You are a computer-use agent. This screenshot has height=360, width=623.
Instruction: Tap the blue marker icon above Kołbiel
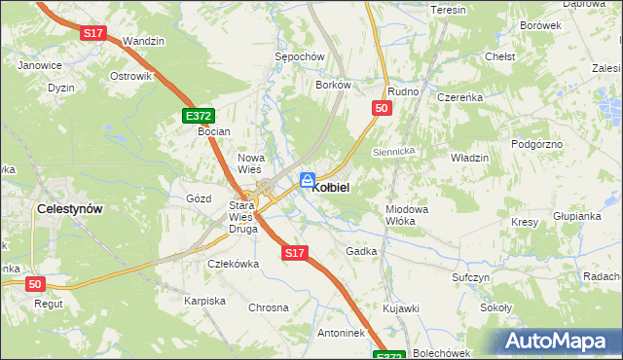click(x=307, y=179)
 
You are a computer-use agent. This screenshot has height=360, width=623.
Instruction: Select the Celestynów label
click(x=69, y=208)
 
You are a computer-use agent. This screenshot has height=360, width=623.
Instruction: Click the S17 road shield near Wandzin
click(x=93, y=33)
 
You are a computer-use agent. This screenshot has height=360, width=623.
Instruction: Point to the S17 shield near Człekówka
click(x=296, y=253)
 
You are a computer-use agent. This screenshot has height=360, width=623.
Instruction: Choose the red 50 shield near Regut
click(x=35, y=283)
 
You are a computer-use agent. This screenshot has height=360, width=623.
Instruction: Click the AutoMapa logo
click(x=558, y=342)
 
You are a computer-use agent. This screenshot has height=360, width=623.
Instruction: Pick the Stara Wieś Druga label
click(x=242, y=217)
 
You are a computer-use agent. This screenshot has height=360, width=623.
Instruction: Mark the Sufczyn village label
click(x=470, y=277)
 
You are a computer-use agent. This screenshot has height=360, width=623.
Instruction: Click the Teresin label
click(x=449, y=10)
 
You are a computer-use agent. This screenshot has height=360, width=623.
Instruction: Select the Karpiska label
click(x=204, y=301)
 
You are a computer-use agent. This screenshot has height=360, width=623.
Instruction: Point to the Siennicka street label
click(x=394, y=152)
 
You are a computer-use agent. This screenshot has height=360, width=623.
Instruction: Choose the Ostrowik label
click(x=130, y=76)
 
